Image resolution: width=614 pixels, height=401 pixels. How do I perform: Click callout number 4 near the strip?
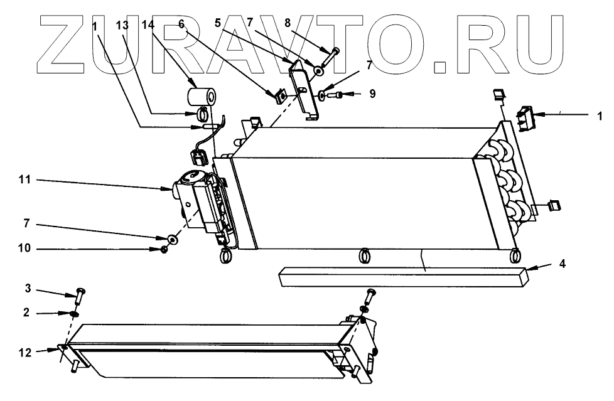[x=563, y=264]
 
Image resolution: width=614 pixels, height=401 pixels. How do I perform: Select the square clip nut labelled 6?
[x=278, y=95]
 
